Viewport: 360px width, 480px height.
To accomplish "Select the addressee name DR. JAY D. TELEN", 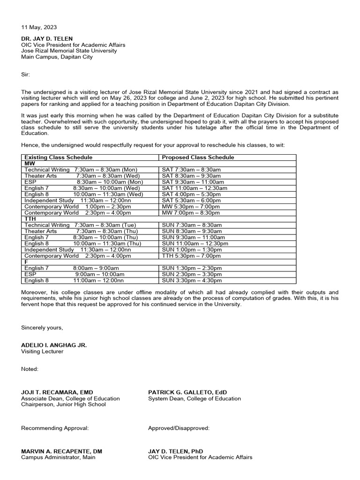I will (x=47, y=39).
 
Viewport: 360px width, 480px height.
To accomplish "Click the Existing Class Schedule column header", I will (x=58, y=157).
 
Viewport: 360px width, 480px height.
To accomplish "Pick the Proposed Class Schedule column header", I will (x=198, y=157).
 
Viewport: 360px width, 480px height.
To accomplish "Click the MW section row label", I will (x=30, y=164).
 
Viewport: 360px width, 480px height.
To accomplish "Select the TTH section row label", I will (x=30, y=219).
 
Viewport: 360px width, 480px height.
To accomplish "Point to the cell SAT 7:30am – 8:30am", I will (x=191, y=170).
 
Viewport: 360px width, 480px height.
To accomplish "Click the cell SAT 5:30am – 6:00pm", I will (x=191, y=200).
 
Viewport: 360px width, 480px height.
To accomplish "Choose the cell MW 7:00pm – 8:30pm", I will (x=191, y=213).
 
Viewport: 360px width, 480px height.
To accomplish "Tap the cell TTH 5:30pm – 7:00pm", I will (x=191, y=256).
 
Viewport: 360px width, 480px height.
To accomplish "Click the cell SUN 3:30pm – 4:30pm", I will (x=192, y=281).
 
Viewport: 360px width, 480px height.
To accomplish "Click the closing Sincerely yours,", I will (x=42, y=328).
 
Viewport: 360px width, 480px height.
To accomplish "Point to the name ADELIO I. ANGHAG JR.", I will (x=53, y=345).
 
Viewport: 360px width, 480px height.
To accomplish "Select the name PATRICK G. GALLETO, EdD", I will (x=187, y=392).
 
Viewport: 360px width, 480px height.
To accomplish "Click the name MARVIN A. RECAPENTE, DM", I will (x=61, y=451).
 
